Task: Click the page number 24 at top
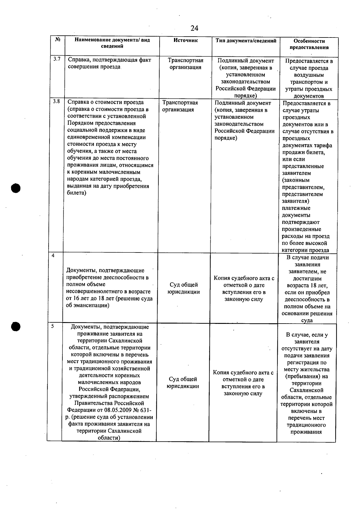pos(194,28)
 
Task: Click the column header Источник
pos(185,40)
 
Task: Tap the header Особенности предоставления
pos(309,44)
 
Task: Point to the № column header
pos(58,40)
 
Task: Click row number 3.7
pos(57,59)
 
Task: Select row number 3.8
pos(56,101)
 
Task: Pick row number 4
pos(53,256)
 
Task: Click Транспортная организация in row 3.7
pos(185,64)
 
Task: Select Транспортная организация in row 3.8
pos(180,106)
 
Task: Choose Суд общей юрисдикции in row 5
pos(183,383)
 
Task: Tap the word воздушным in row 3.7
pos(309,75)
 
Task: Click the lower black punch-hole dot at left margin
pos(16,327)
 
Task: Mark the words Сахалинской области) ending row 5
pos(109,435)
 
